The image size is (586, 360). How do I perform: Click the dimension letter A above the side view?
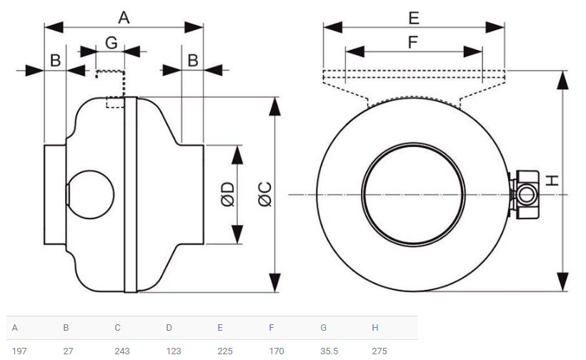(x=124, y=18)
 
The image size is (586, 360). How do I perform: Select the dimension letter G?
(x=111, y=43)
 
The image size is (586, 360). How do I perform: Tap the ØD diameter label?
(x=227, y=194)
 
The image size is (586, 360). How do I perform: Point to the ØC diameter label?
(x=265, y=194)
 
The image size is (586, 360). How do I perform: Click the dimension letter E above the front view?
(x=414, y=18)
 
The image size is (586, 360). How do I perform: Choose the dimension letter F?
(x=412, y=42)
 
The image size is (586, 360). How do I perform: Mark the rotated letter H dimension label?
(x=552, y=181)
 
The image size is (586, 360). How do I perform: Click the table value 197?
(x=19, y=351)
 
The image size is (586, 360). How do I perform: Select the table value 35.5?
(x=329, y=351)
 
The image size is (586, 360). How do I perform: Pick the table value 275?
(x=379, y=351)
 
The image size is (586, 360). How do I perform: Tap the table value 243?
(x=122, y=351)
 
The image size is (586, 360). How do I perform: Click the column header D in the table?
(x=169, y=328)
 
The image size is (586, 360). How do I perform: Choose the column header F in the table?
(x=272, y=328)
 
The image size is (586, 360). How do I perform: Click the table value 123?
(x=174, y=351)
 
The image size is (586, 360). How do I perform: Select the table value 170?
(x=277, y=351)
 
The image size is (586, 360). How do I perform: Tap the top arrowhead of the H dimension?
(x=562, y=79)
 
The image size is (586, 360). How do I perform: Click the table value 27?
(x=68, y=351)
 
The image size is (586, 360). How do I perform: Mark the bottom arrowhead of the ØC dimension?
(x=274, y=283)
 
